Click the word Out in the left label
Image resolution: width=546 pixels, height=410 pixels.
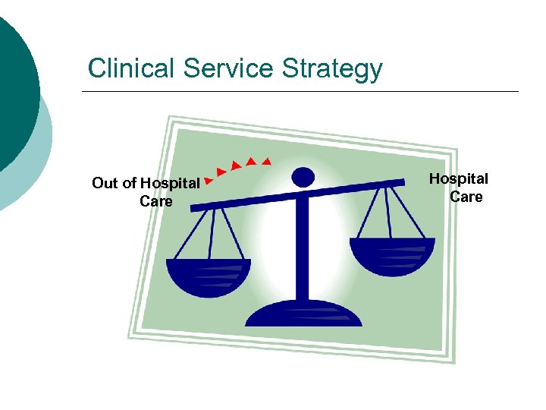click(x=105, y=183)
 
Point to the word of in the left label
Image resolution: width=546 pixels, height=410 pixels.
click(x=130, y=183)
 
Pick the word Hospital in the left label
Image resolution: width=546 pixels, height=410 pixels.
click(x=170, y=183)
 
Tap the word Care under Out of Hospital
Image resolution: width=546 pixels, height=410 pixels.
click(x=156, y=202)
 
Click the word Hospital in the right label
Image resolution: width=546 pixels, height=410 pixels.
click(x=459, y=179)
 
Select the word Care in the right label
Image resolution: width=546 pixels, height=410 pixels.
click(x=466, y=197)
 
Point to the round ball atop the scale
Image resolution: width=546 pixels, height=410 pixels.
click(x=303, y=177)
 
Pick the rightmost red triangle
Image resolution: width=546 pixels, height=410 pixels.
click(x=266, y=161)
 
